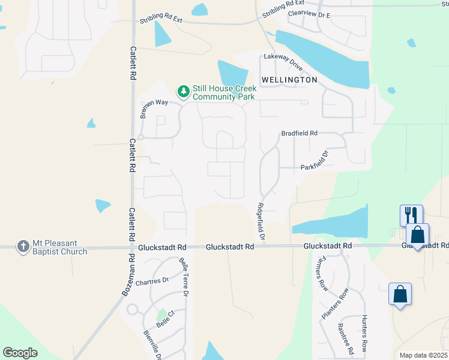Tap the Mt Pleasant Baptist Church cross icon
click(23, 246)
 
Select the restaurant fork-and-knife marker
click(411, 214)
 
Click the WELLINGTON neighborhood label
click(289, 80)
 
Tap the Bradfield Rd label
click(299, 133)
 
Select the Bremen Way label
click(154, 106)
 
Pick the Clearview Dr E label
click(310, 13)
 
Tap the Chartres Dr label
click(152, 281)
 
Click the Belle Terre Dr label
click(184, 277)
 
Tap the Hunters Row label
click(364, 334)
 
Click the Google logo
click(20, 353)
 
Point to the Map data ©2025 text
click(424, 355)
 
